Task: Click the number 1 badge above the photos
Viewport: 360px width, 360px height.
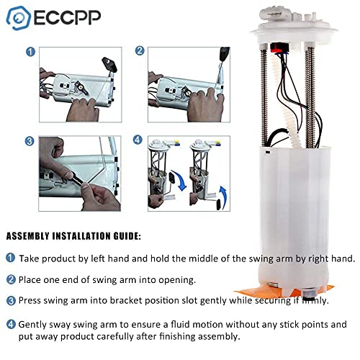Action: (x=30, y=52)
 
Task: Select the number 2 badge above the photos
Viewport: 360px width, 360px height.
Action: (x=140, y=51)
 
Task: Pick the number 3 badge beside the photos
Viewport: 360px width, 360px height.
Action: (x=30, y=141)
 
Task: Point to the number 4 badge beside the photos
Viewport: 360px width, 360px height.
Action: (x=139, y=141)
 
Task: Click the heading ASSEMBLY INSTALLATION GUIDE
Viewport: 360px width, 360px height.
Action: (x=74, y=235)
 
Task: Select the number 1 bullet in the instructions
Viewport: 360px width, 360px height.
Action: (x=11, y=258)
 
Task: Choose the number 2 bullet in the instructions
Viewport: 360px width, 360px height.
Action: (x=11, y=279)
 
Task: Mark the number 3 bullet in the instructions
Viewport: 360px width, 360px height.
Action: (x=11, y=300)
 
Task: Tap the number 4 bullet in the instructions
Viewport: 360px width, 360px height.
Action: (x=11, y=325)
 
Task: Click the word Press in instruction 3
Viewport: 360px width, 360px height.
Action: (x=33, y=300)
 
